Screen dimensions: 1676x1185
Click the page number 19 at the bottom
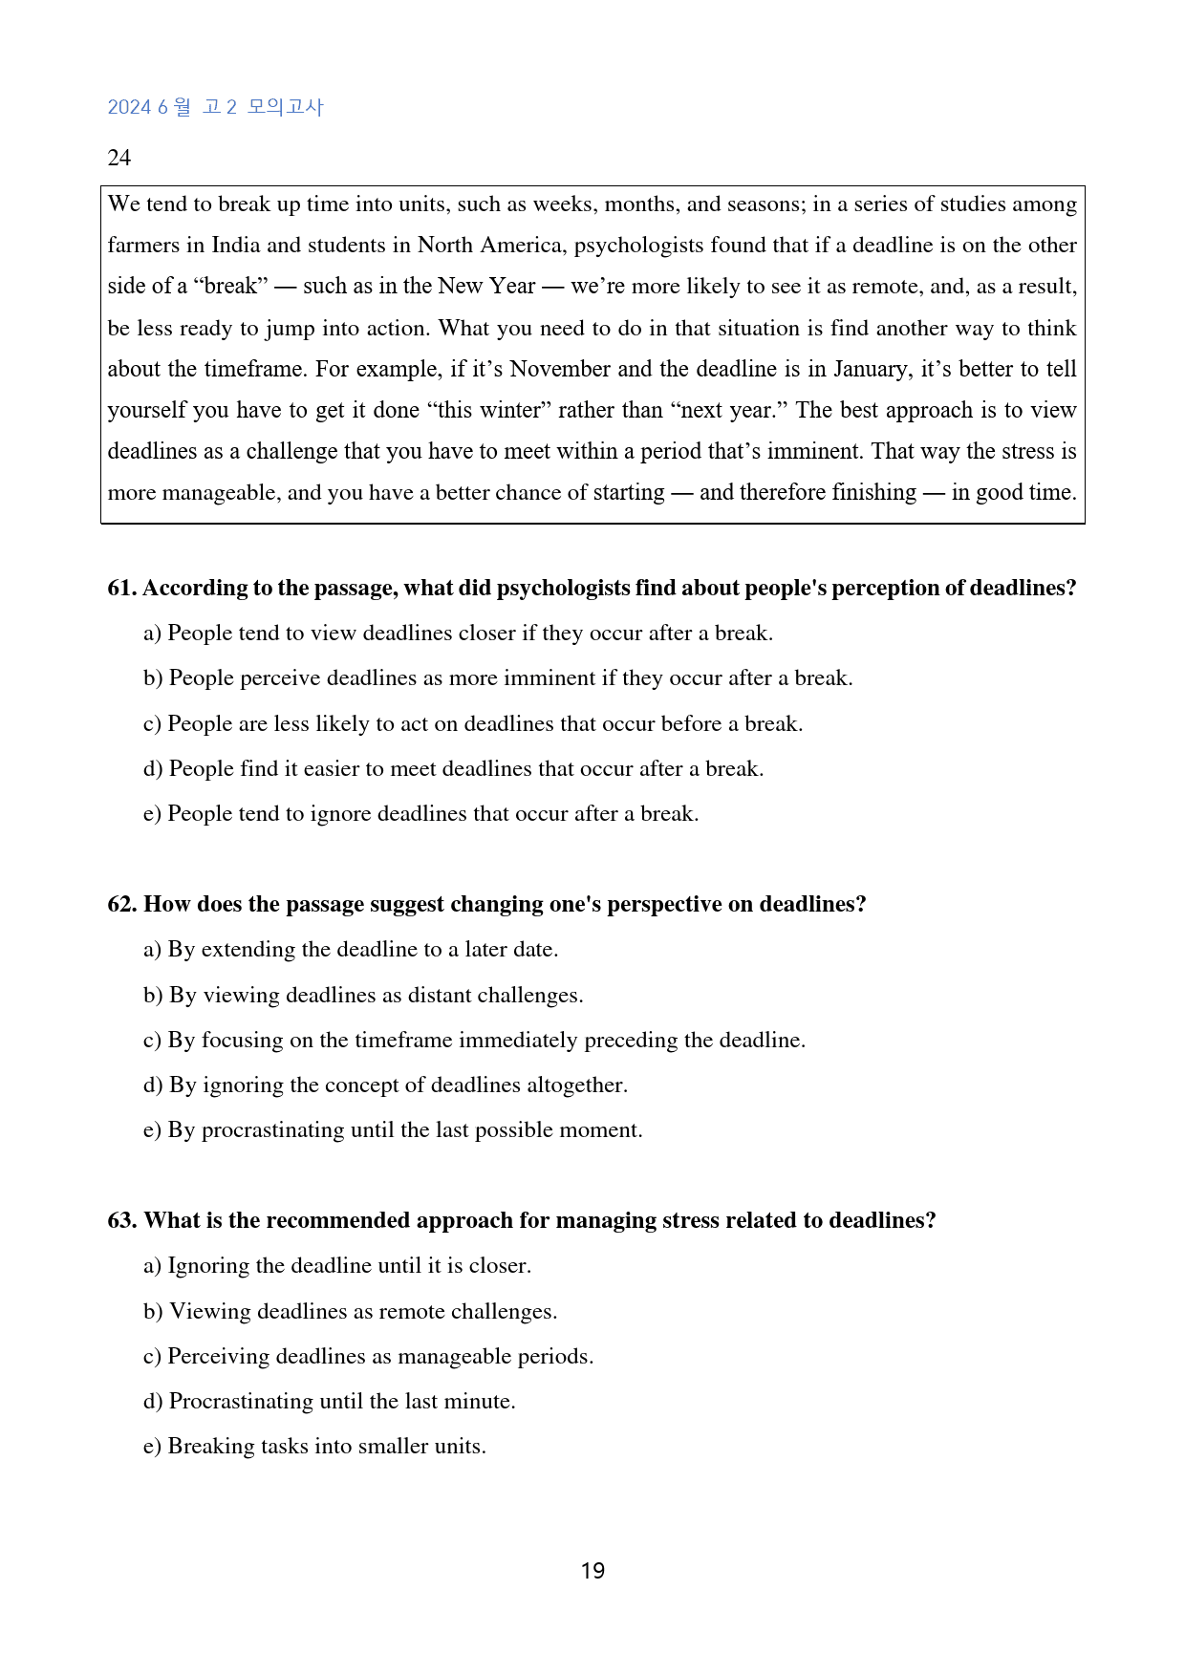point(592,1571)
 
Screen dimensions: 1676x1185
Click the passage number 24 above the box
point(119,158)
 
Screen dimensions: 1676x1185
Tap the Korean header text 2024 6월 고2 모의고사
point(215,107)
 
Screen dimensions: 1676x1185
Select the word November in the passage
point(560,369)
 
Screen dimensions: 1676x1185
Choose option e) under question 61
point(420,814)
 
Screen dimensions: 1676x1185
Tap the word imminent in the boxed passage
point(812,451)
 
